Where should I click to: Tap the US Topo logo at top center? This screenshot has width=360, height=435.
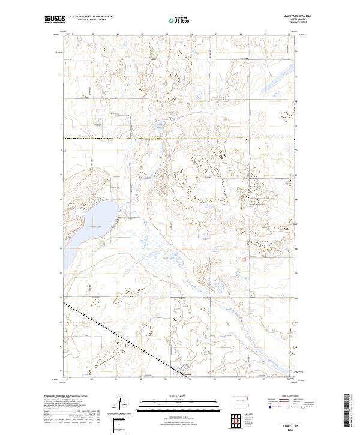pyautogui.click(x=179, y=19)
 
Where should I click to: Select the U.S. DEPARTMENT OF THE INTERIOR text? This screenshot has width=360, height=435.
pyautogui.click(x=91, y=16)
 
